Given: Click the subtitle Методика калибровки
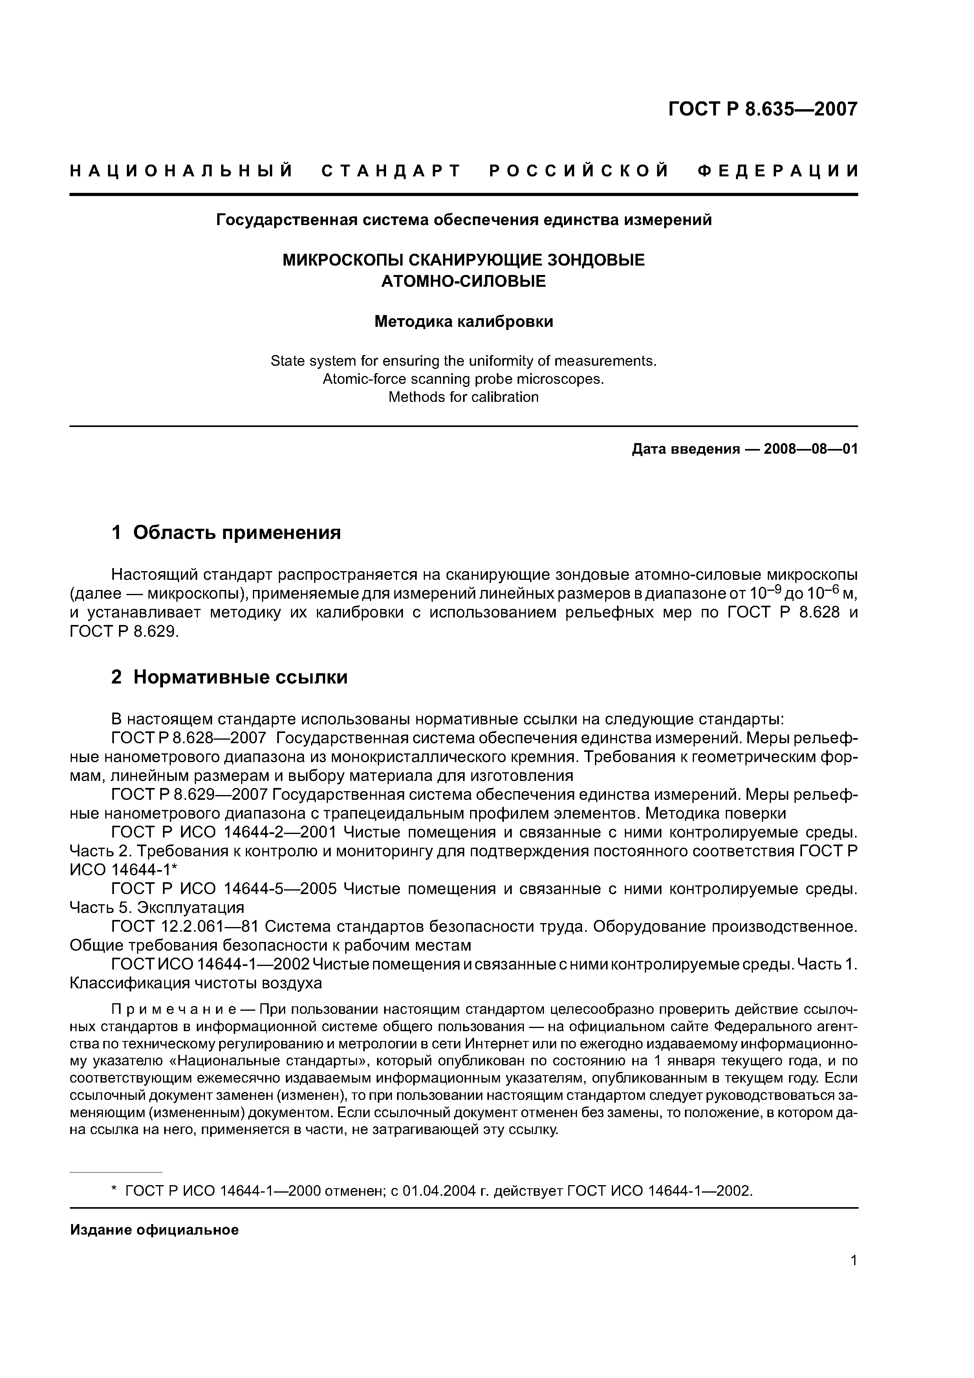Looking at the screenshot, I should click(x=463, y=322).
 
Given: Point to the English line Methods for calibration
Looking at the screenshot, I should click(x=463, y=397).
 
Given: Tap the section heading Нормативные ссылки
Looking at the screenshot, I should click(x=240, y=677).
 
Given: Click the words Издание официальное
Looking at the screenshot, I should click(x=154, y=1230).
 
